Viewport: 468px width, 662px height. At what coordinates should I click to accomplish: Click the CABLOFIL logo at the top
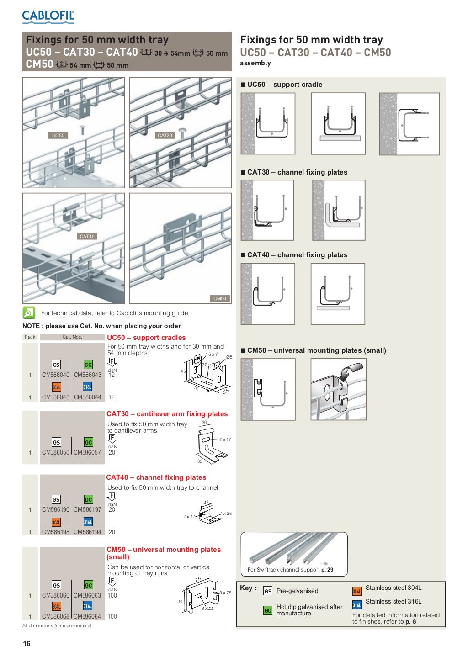(x=48, y=16)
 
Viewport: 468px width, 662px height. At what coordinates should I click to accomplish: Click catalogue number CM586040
(x=56, y=375)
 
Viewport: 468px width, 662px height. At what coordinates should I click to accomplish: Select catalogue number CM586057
(x=87, y=453)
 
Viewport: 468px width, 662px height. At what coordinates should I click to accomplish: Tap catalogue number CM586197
(x=87, y=510)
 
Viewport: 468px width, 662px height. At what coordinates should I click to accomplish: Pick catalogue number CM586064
(x=87, y=617)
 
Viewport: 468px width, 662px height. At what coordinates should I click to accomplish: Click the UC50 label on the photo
(x=58, y=135)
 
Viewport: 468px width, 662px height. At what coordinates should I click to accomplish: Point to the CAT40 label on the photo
(x=87, y=236)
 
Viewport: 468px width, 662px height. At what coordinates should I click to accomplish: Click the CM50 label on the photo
(x=219, y=298)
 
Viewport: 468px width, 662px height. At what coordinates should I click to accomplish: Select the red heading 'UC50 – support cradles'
(x=146, y=338)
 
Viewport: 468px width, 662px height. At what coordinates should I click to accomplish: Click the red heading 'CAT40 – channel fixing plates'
(x=156, y=477)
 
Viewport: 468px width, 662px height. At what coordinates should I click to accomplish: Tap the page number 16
(x=27, y=644)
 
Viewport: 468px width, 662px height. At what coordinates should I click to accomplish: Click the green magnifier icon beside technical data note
(x=29, y=313)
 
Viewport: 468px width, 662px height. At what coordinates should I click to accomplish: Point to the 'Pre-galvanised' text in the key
(x=297, y=591)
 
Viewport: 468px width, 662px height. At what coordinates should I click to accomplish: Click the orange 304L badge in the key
(x=357, y=591)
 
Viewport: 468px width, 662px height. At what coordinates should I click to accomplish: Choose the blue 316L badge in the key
(x=357, y=605)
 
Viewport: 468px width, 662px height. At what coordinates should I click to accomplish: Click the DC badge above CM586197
(x=89, y=500)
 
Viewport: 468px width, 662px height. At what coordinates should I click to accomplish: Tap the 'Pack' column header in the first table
(x=30, y=337)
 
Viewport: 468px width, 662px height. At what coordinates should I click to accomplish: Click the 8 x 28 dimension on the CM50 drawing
(x=225, y=593)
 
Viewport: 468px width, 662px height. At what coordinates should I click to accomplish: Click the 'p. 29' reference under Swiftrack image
(x=327, y=570)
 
